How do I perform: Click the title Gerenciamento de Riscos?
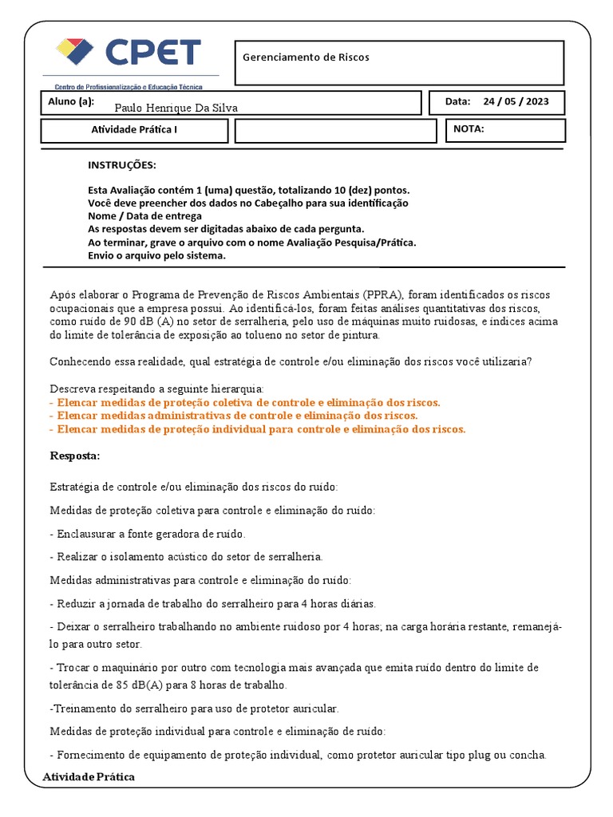[x=306, y=57]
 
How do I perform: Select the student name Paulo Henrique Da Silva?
[x=176, y=108]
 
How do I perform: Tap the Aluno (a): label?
[x=71, y=101]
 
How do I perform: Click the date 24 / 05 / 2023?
[x=516, y=101]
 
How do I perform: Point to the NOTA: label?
[x=469, y=128]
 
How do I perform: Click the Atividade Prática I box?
[x=134, y=130]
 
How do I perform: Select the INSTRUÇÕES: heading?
[x=122, y=165]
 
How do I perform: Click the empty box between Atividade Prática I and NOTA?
[x=335, y=130]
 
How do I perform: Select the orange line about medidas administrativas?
[x=233, y=416]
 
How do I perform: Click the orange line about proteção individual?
[x=257, y=428]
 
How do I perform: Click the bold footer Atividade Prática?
[x=89, y=776]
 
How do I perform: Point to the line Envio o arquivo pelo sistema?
[x=156, y=255]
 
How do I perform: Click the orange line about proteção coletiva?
[x=244, y=402]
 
